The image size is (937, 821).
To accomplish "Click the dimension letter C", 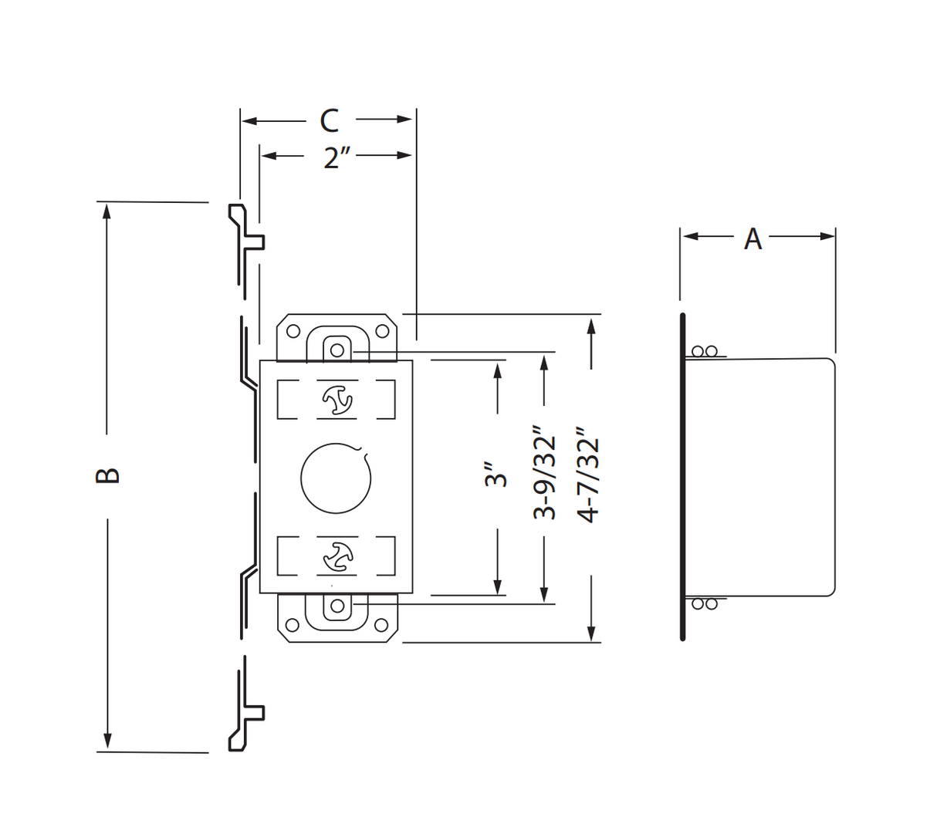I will (330, 120).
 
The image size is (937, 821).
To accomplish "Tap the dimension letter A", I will (753, 239).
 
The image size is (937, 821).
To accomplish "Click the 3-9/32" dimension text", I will (545, 476).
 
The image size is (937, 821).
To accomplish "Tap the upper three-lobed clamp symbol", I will (337, 400).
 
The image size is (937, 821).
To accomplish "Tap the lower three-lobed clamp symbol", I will (337, 556).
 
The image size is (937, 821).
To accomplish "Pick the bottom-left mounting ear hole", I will (293, 625).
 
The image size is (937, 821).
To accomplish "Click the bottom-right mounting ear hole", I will (381, 625).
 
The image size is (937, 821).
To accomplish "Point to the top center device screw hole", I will (337, 350).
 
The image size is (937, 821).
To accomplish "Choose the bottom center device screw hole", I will (337, 606).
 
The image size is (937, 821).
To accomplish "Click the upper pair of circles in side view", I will (704, 352).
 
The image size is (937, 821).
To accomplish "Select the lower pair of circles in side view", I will (704, 603).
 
